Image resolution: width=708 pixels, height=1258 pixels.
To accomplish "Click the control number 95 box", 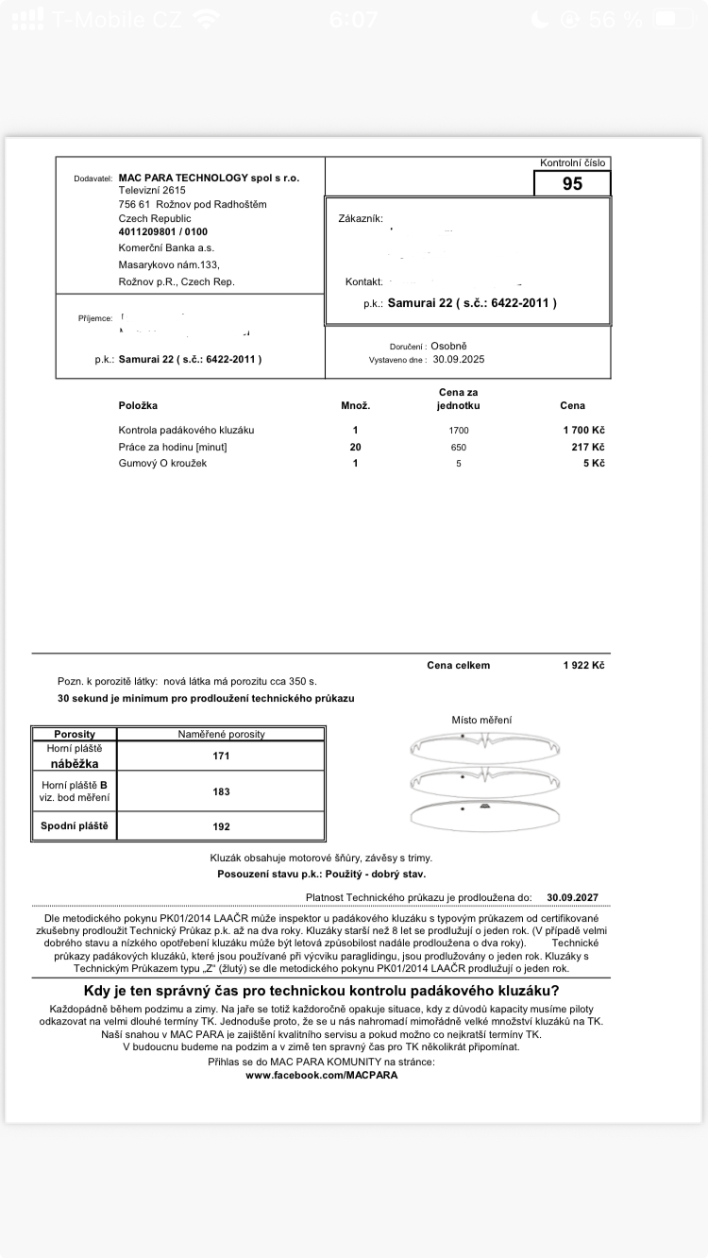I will (572, 184).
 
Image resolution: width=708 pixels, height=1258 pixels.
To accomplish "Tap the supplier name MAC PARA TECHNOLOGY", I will (209, 178).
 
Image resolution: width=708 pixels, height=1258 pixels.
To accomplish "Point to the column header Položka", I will (138, 405).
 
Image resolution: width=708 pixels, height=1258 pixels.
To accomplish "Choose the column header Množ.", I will (355, 405).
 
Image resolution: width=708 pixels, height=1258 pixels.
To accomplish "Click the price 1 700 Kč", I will (583, 430).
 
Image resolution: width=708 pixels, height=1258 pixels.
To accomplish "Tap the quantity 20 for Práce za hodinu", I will (355, 447).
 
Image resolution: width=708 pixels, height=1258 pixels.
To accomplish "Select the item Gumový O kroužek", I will (162, 464).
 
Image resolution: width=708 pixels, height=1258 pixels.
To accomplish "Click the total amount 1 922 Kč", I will (583, 665).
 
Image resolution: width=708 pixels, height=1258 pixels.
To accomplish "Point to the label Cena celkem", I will (458, 665).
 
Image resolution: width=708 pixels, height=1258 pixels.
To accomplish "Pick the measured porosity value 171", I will (222, 756).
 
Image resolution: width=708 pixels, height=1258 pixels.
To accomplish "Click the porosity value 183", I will (222, 791).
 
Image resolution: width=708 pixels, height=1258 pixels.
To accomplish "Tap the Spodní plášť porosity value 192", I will (222, 826).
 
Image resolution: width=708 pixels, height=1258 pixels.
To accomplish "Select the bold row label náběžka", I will (75, 763).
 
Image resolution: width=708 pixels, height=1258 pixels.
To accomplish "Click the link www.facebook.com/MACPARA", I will (321, 1075).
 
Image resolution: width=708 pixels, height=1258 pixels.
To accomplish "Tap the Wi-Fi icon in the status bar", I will (204, 19).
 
